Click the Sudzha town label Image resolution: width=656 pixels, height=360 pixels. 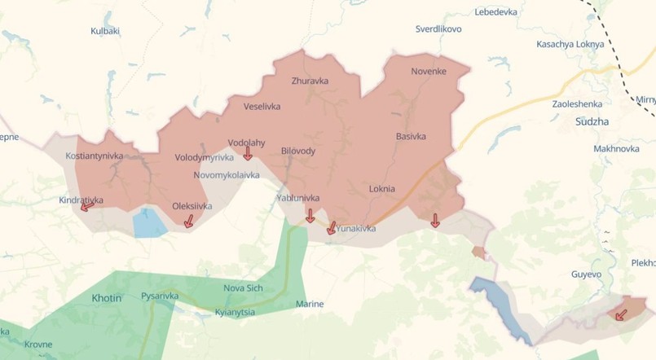[591, 122]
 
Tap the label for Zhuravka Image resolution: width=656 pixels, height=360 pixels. [310, 81]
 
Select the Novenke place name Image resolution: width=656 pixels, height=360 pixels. [429, 72]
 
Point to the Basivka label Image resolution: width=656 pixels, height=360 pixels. [411, 136]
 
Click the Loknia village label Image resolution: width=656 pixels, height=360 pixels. [381, 189]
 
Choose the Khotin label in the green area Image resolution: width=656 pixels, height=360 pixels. [106, 298]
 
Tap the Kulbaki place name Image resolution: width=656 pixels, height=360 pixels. [105, 31]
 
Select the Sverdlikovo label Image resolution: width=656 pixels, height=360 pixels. [438, 29]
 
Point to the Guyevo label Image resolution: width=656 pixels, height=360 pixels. [586, 274]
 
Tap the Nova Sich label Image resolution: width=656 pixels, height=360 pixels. [244, 288]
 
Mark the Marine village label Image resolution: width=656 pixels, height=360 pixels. [310, 305]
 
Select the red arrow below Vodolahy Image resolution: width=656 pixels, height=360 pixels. [248, 152]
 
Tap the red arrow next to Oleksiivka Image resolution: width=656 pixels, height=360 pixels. [189, 221]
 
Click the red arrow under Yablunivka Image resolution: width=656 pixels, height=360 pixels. [310, 215]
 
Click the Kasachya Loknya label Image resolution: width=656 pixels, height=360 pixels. [570, 44]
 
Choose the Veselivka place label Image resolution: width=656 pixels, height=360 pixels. [263, 106]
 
